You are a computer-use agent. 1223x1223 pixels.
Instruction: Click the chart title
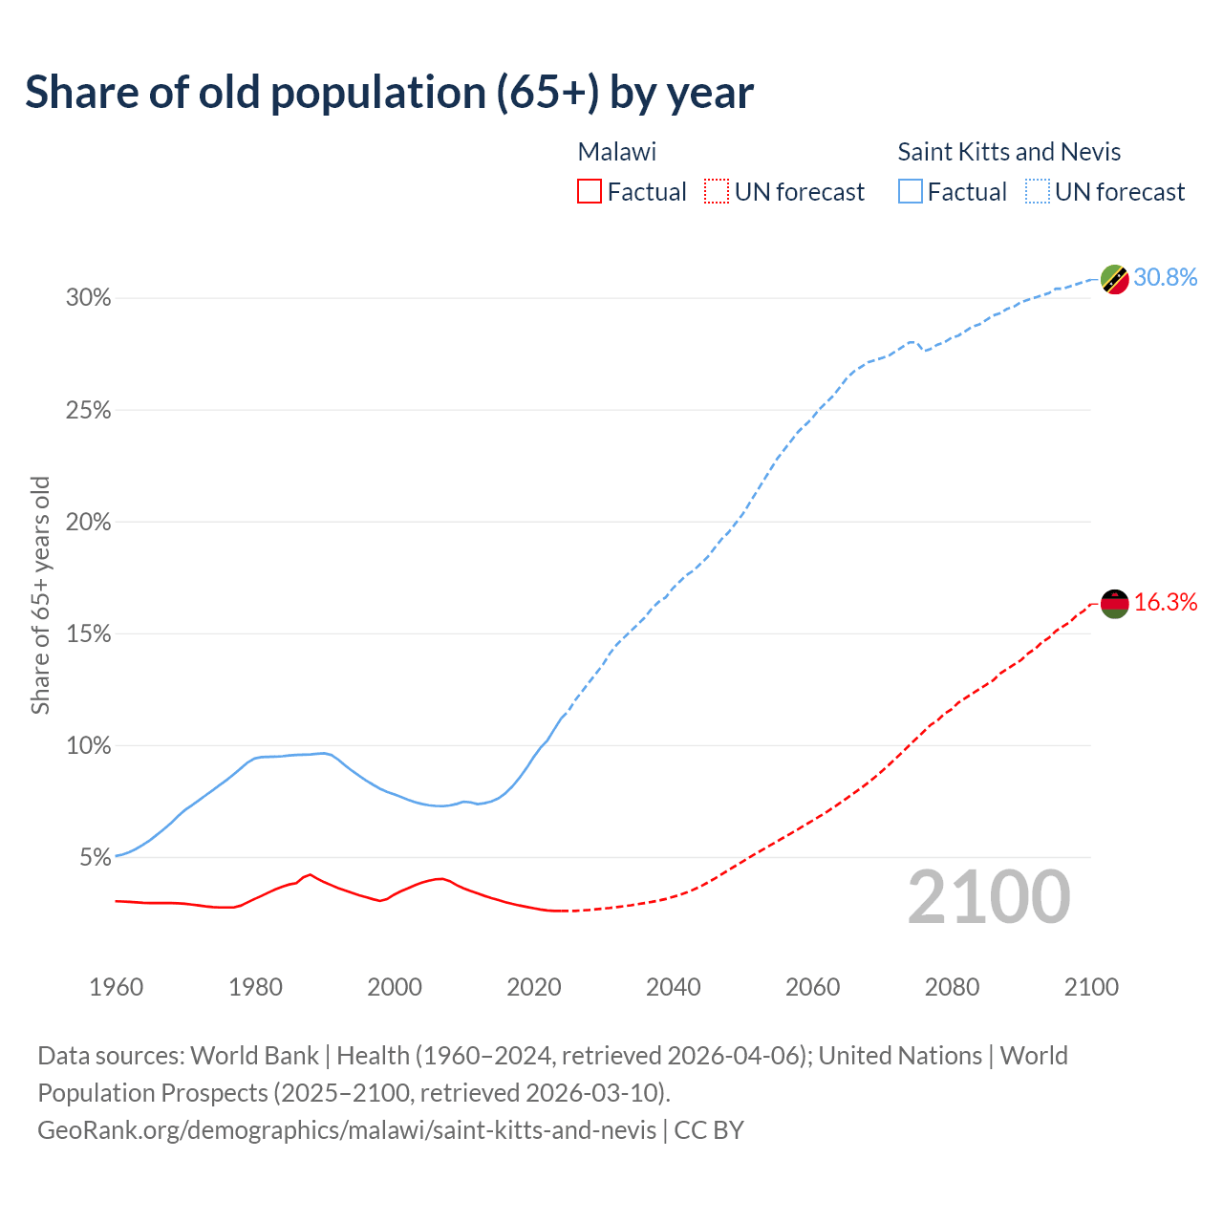(x=389, y=93)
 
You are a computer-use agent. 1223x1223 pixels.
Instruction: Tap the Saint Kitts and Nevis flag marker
(x=1115, y=279)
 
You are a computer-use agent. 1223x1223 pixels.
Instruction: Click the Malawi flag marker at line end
(x=1115, y=604)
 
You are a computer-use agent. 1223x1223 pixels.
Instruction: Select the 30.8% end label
(x=1166, y=278)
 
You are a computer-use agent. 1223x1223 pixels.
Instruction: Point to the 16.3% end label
(x=1166, y=603)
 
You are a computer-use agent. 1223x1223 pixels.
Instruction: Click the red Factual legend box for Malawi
(x=590, y=192)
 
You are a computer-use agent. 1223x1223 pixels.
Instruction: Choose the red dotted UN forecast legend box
(x=717, y=192)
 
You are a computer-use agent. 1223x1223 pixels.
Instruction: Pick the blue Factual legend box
(x=911, y=192)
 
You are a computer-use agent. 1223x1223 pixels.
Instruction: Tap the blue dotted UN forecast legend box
(x=1037, y=192)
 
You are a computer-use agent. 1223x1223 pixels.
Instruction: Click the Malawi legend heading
(x=617, y=152)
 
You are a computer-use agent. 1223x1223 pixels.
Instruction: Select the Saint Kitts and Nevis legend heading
(x=1009, y=152)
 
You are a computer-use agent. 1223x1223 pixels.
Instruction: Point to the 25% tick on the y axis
(x=89, y=411)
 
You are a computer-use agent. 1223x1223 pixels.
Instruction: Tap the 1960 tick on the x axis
(x=116, y=987)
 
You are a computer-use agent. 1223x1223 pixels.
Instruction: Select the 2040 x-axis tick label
(x=674, y=987)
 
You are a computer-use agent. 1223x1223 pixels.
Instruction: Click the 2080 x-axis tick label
(x=952, y=987)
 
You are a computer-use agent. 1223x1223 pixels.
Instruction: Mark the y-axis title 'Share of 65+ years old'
(x=40, y=595)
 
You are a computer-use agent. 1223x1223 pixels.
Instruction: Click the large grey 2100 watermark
(x=989, y=897)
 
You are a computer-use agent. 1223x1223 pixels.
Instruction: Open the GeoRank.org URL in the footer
(x=347, y=1130)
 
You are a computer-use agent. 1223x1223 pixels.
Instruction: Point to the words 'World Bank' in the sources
(x=254, y=1056)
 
